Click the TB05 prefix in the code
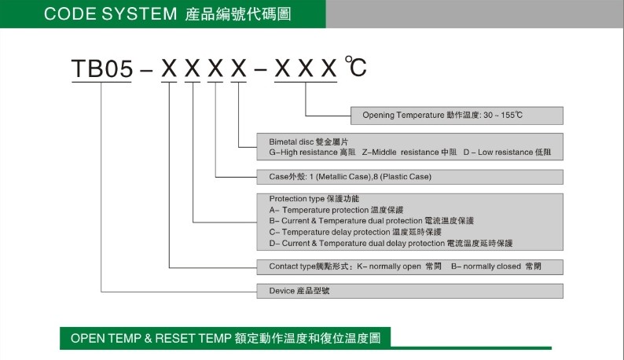click(101, 70)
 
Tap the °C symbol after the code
click(355, 68)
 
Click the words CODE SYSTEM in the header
click(111, 13)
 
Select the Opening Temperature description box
click(457, 116)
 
